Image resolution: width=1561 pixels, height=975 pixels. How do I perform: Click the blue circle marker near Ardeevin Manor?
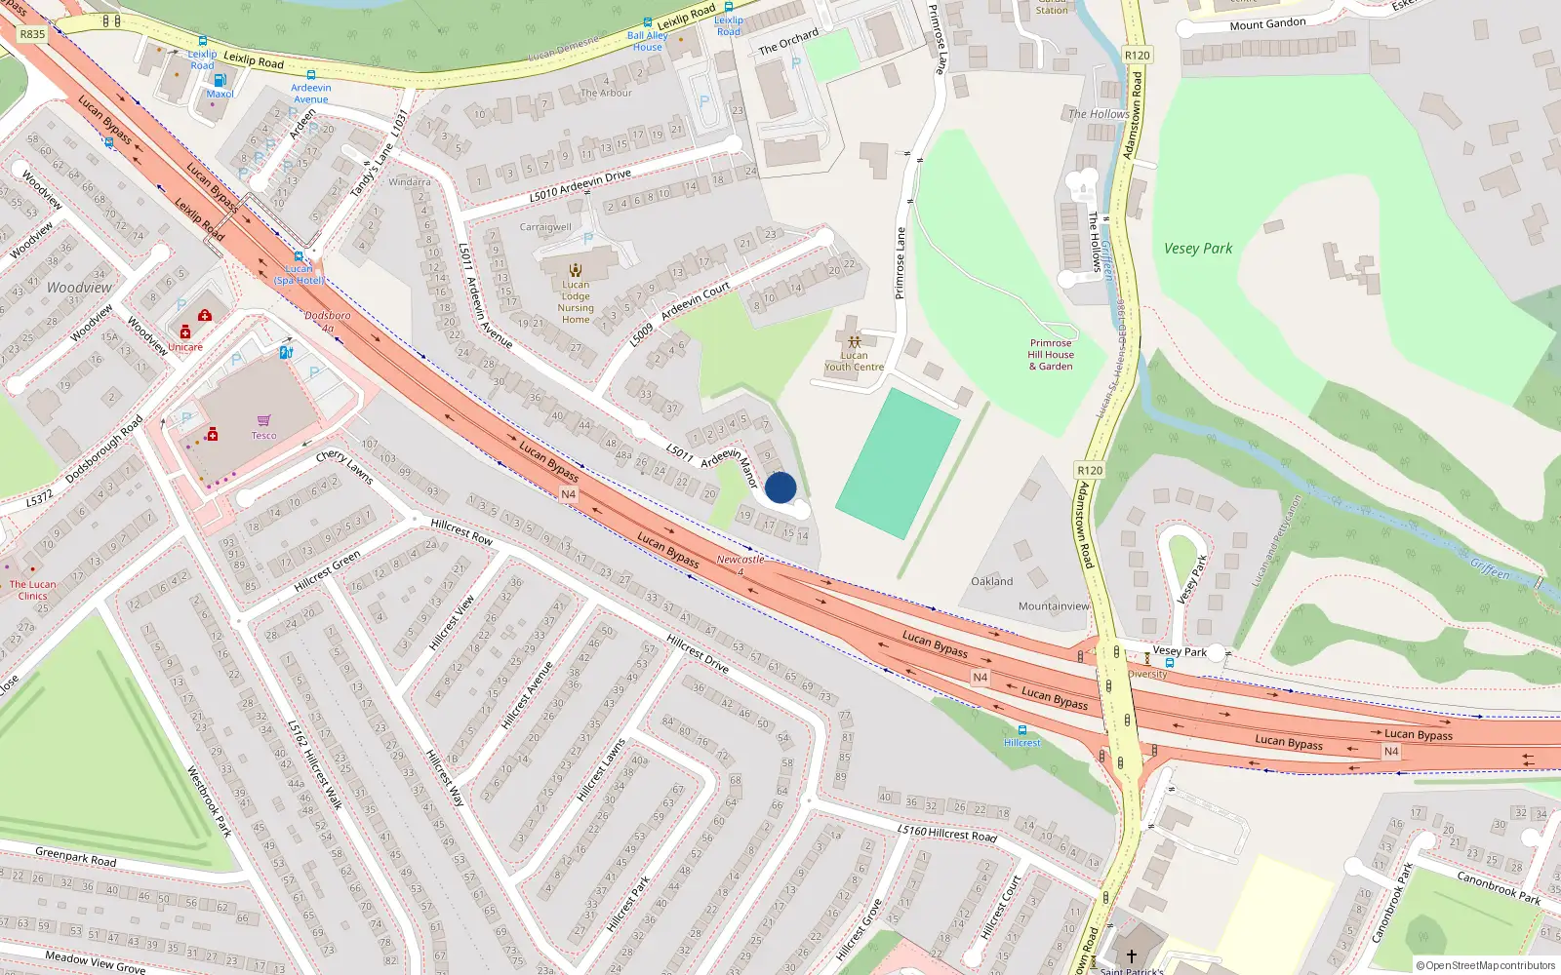click(x=780, y=487)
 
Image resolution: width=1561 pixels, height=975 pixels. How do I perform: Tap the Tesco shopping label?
click(x=263, y=435)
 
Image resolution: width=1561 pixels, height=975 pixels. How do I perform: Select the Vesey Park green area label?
click(x=1197, y=249)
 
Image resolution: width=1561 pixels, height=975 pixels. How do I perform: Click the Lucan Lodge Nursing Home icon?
click(x=576, y=270)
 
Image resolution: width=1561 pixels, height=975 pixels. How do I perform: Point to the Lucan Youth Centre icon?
click(x=855, y=342)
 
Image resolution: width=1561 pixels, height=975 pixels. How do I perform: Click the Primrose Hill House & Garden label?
click(x=1051, y=355)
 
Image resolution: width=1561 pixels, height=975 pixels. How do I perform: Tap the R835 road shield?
click(x=32, y=34)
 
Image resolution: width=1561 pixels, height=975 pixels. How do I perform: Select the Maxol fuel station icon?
click(x=220, y=80)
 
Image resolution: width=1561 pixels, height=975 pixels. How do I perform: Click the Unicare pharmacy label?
click(x=185, y=347)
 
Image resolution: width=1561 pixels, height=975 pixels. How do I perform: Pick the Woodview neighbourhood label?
click(x=79, y=288)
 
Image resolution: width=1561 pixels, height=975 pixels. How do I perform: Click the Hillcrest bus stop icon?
click(x=1022, y=730)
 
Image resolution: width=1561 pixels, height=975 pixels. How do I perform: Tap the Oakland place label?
click(x=991, y=581)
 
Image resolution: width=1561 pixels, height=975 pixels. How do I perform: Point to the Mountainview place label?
click(x=1054, y=606)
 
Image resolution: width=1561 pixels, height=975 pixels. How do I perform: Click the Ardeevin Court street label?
click(x=695, y=302)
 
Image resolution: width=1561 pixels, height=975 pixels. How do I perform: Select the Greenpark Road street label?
click(x=75, y=857)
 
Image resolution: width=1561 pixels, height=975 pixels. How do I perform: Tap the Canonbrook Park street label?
click(x=1499, y=887)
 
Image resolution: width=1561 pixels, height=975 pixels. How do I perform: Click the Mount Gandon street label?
click(x=1267, y=23)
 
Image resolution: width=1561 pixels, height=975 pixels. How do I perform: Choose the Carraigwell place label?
click(x=545, y=227)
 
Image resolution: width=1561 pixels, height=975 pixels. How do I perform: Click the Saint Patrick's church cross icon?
click(x=1132, y=956)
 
